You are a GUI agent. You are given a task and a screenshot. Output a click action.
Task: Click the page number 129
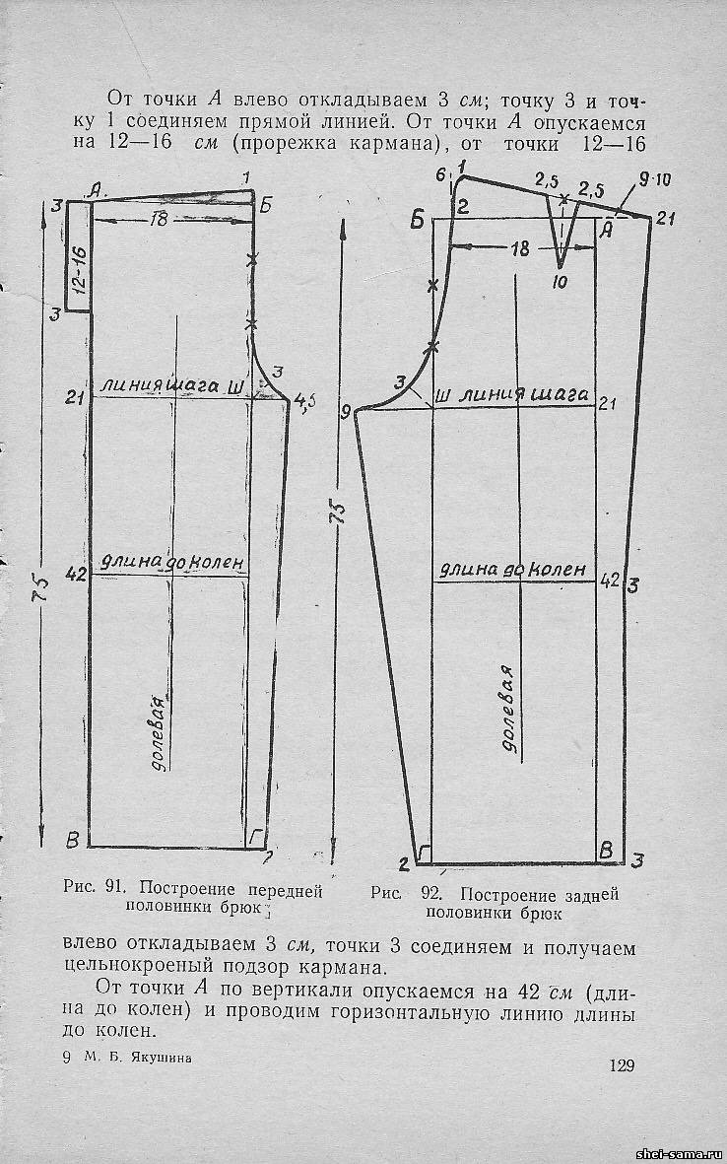(622, 1065)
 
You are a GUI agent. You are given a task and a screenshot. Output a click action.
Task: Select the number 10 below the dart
(559, 283)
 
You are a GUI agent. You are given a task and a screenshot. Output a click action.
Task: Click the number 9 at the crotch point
(346, 413)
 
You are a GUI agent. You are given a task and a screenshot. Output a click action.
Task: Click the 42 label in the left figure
(75, 574)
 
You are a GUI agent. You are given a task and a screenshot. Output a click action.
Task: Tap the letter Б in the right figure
(417, 220)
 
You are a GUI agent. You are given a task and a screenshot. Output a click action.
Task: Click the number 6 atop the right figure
(441, 175)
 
